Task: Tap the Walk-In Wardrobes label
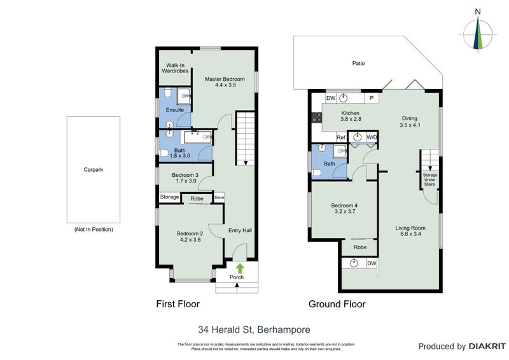coord(175,68)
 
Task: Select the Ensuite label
coord(175,110)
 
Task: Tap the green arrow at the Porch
coord(240,268)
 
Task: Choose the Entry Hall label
coord(239,230)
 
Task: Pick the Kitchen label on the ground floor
coord(351,115)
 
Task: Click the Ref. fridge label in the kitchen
coord(340,137)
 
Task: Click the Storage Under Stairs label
coord(431,181)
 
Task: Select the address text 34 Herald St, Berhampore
coord(254,329)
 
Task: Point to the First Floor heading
coord(178,304)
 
